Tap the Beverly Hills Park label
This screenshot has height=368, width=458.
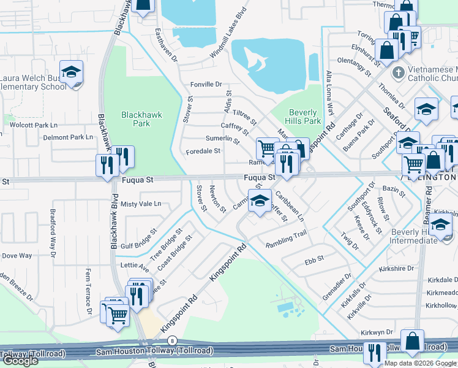point(304,117)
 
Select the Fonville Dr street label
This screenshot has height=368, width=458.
point(205,84)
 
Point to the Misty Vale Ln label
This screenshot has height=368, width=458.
point(141,204)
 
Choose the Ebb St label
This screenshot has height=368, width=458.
point(314,261)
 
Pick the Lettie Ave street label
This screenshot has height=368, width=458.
point(135,268)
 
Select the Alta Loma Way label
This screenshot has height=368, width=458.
point(330,93)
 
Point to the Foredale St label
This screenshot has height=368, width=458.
point(203,151)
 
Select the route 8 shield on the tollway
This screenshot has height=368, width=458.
point(173,340)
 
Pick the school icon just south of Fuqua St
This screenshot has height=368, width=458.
point(260,199)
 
